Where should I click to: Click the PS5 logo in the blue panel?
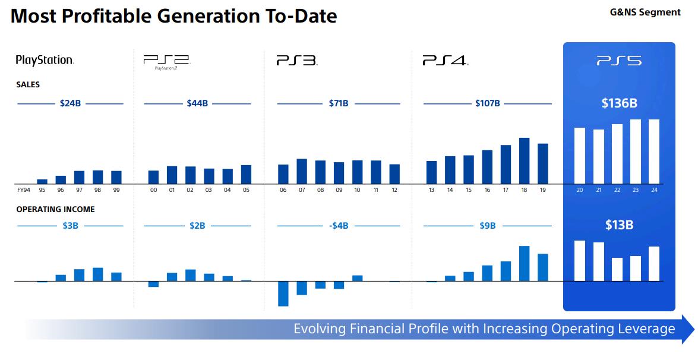tap(619, 61)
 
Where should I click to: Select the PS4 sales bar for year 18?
tap(524, 160)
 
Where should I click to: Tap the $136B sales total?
tap(619, 103)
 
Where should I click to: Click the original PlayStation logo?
tap(45, 60)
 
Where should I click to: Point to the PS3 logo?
tap(297, 61)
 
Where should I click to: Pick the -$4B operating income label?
tap(339, 226)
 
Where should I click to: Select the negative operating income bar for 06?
tap(283, 293)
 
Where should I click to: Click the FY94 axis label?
tap(23, 190)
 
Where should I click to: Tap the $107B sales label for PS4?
tap(488, 103)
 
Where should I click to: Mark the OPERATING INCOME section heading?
tap(55, 209)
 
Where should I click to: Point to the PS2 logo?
tap(166, 61)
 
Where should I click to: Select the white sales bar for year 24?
tap(654, 151)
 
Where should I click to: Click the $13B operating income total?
tap(619, 225)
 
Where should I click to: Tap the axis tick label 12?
tap(394, 190)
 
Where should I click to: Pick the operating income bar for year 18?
tap(524, 263)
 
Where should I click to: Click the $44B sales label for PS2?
tap(197, 103)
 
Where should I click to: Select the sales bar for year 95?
tap(42, 181)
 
